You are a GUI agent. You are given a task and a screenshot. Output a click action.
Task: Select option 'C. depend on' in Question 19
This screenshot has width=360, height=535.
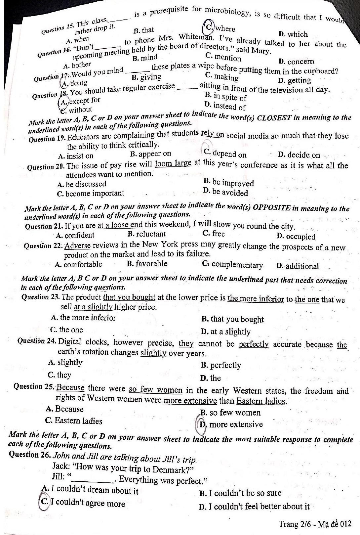[x=225, y=154]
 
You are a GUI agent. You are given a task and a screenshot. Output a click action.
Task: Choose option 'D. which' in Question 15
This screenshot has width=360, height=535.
[x=293, y=34]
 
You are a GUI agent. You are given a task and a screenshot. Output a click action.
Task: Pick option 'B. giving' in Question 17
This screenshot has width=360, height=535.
[x=146, y=77]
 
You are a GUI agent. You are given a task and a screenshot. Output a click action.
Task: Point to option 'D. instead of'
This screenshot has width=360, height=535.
[x=225, y=106]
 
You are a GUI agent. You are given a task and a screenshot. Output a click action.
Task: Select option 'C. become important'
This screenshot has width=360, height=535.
[x=90, y=193]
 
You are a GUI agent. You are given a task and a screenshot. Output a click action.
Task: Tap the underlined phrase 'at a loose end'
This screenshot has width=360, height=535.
[x=120, y=225]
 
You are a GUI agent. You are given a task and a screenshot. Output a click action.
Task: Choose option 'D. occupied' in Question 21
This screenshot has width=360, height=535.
[x=296, y=237]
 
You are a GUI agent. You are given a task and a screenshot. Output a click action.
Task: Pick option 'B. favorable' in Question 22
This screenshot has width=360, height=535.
[x=147, y=264]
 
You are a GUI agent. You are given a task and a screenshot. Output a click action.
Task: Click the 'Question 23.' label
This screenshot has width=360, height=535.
[x=40, y=296]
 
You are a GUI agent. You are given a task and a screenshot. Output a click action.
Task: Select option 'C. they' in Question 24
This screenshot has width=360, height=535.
[x=60, y=375]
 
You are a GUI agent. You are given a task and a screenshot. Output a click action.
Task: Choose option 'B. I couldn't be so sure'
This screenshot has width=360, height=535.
[x=240, y=493]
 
